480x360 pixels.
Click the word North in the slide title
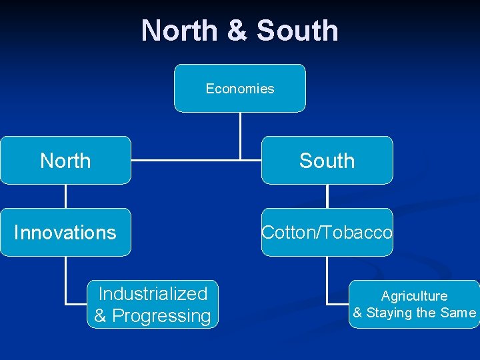[x=178, y=31]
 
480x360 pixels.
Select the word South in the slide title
[x=297, y=31]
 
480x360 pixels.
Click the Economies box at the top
[x=240, y=88]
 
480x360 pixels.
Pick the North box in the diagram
[x=65, y=160]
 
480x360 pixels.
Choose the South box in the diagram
[x=327, y=160]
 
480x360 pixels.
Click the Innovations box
[x=65, y=232]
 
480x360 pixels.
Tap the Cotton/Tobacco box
[x=327, y=232]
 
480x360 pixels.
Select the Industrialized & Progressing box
[x=153, y=304]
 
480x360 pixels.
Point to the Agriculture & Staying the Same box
[x=414, y=304]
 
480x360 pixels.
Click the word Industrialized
[x=153, y=293]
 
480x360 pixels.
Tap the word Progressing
[x=161, y=316]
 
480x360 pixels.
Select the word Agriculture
[x=414, y=296]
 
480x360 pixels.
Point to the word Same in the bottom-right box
[x=460, y=313]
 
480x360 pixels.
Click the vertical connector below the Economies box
[x=240, y=133]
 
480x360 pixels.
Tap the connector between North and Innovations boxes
[x=65, y=196]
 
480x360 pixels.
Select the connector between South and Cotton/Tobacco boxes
[x=327, y=196]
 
